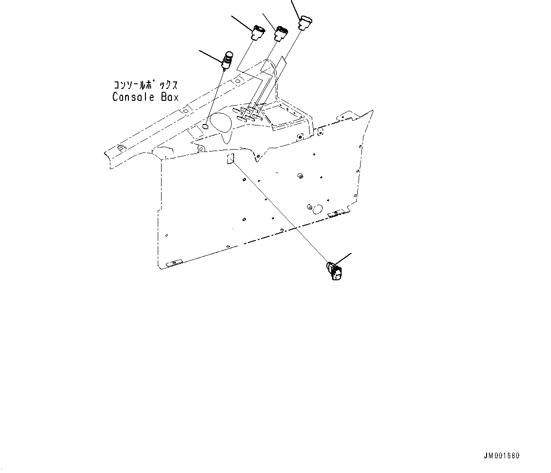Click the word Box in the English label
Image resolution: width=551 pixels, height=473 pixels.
click(x=169, y=97)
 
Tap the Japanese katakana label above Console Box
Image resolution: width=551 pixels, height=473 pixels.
click(x=145, y=85)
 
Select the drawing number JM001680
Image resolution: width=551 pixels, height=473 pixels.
click(x=501, y=456)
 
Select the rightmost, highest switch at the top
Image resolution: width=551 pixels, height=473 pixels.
click(x=305, y=22)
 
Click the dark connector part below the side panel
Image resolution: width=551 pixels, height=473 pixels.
click(x=334, y=271)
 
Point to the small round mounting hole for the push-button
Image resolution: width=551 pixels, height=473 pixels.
click(x=205, y=126)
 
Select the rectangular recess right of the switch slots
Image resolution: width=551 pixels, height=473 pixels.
click(x=283, y=113)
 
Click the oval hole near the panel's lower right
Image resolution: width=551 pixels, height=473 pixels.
click(x=317, y=208)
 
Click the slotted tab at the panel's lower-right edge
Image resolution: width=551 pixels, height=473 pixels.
click(x=335, y=213)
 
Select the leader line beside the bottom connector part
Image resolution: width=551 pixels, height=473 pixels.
click(x=344, y=258)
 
